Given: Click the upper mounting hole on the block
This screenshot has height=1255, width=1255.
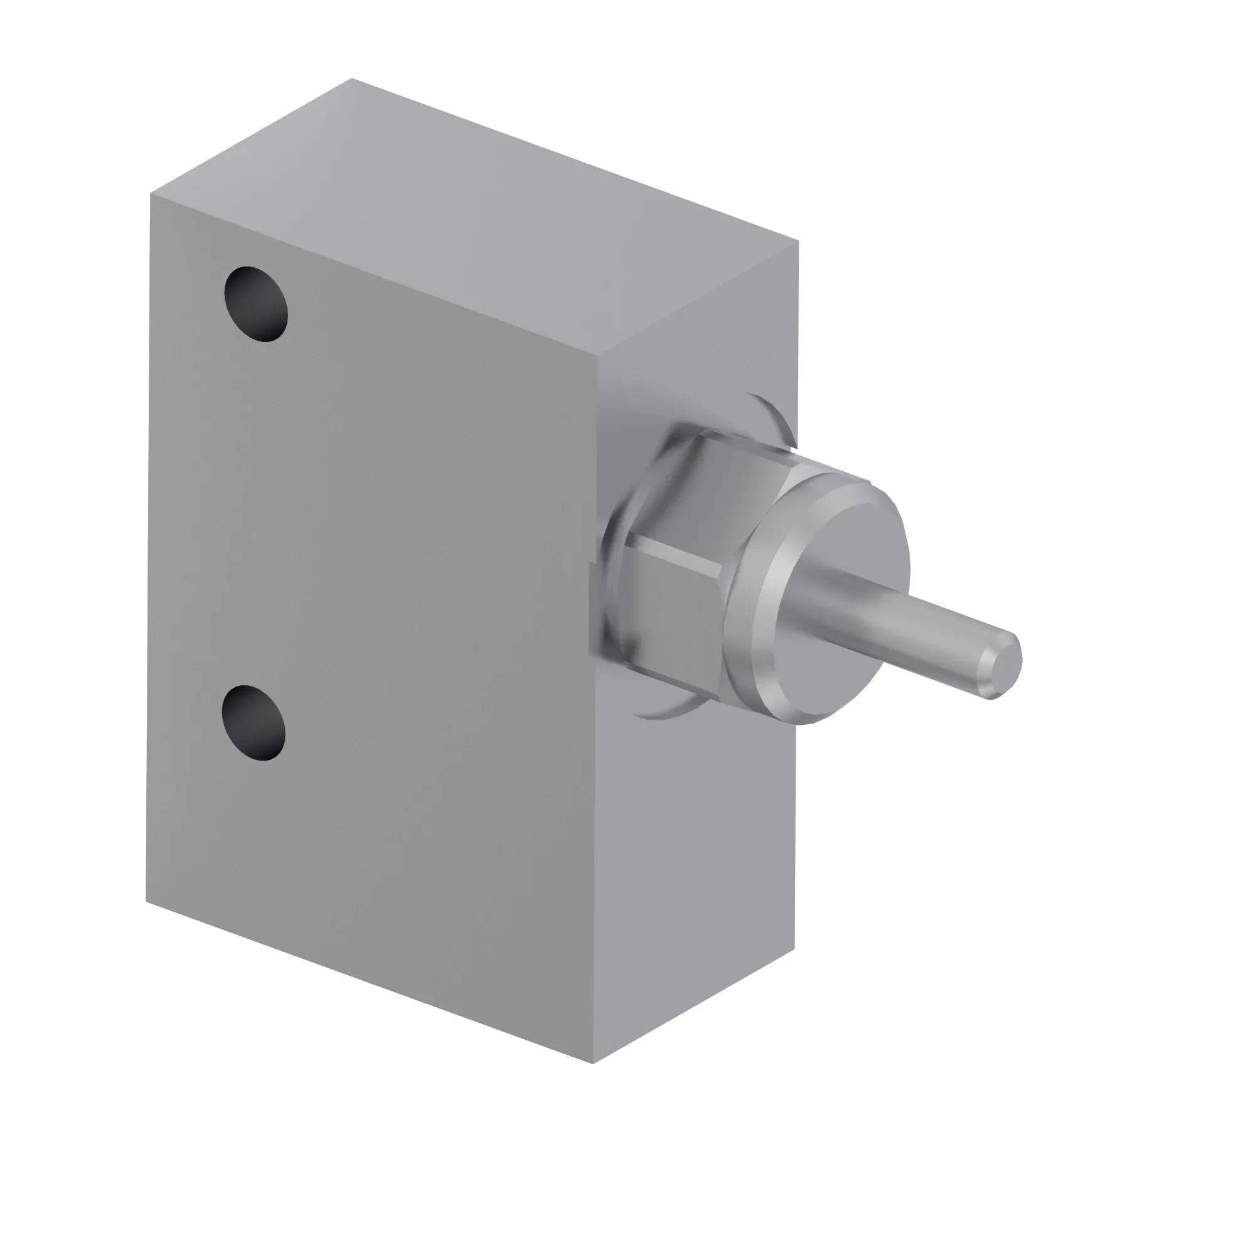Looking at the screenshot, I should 256,303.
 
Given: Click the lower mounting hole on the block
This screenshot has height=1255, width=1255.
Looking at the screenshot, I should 254,722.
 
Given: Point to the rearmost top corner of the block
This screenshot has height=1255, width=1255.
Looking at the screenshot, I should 351,79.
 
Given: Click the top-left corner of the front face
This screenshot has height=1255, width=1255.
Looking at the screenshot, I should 151,193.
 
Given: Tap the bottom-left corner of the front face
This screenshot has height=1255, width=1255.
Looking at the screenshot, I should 146,901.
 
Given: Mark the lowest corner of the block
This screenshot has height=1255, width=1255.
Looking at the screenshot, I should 592,1064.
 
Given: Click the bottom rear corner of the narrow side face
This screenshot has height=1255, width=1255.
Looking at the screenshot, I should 794,949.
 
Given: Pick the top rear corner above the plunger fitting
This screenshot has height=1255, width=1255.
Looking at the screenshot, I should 798,242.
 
